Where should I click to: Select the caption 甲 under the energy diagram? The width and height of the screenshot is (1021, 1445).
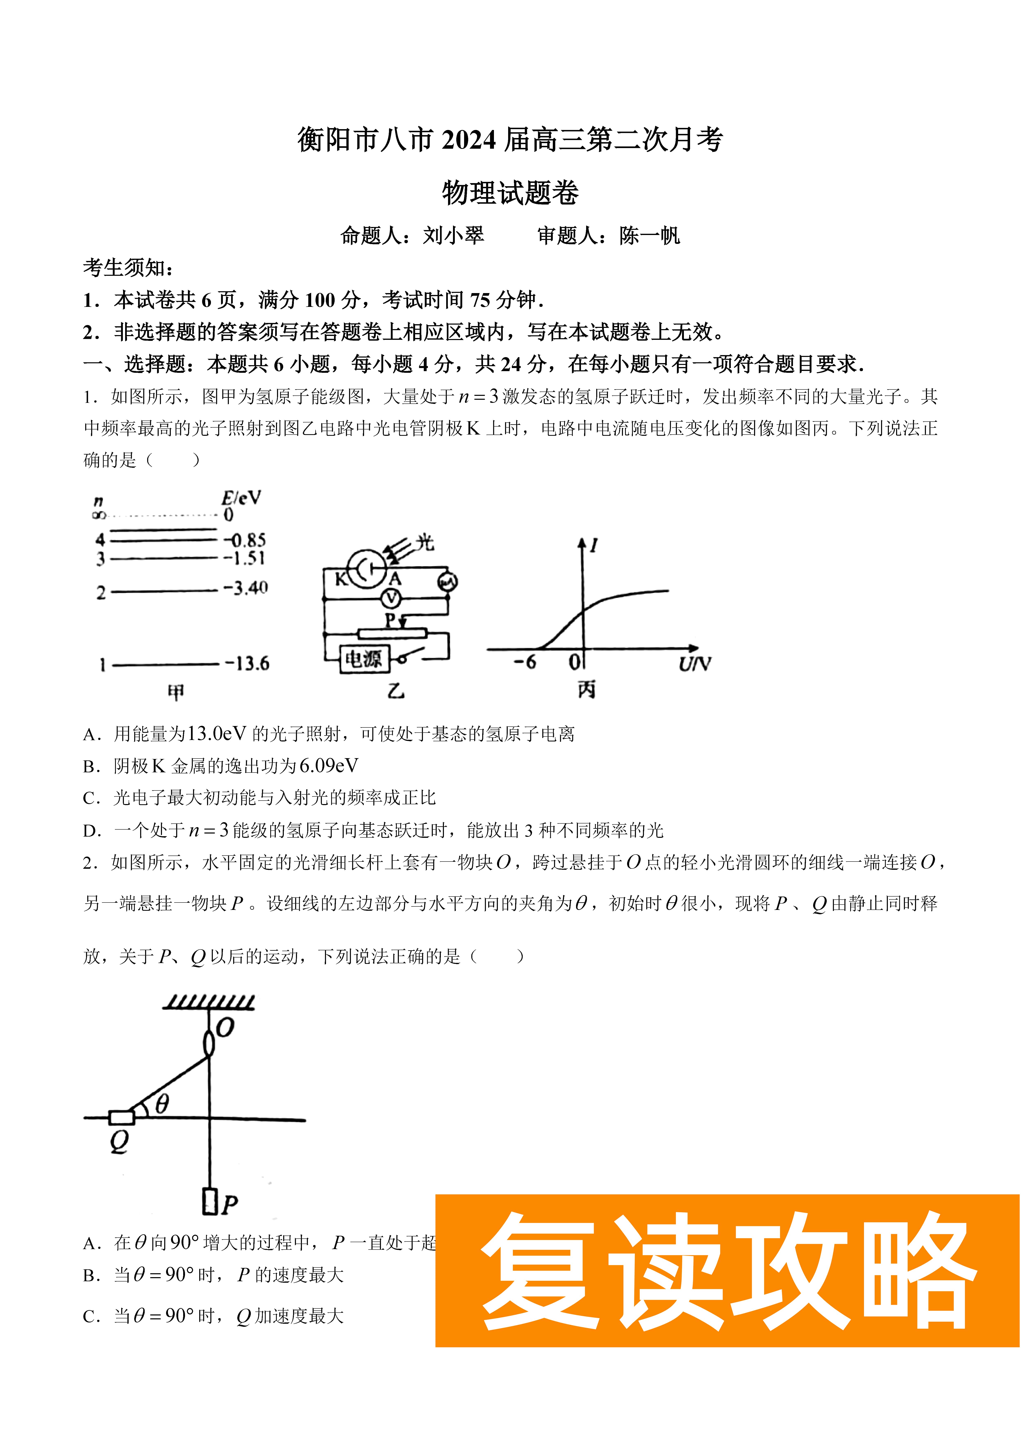click(x=176, y=692)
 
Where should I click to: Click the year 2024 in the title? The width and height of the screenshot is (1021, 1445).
click(x=469, y=140)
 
